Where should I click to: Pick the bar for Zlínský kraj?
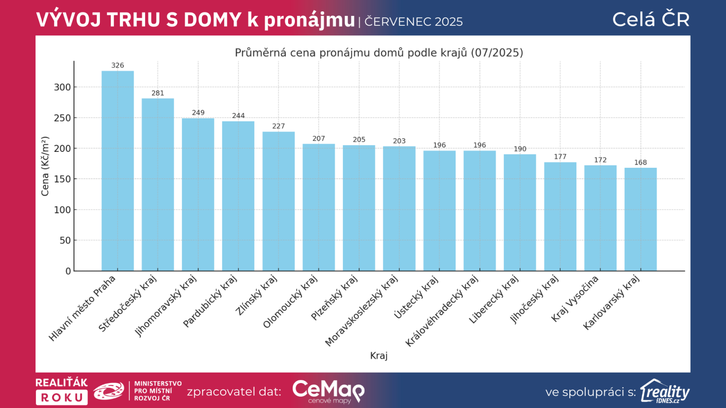coord(279,201)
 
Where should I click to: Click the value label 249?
coord(198,112)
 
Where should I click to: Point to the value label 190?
coord(520,149)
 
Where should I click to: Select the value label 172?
coord(600,160)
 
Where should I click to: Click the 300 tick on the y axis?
coord(62,87)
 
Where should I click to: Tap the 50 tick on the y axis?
coord(65,240)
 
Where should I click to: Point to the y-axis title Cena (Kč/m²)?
coord(45,166)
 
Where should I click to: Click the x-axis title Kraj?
coord(379,355)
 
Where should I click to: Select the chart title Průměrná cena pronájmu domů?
coord(379,53)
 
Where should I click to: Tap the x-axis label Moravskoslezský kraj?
coord(362,311)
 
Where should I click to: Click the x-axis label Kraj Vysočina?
coord(575,299)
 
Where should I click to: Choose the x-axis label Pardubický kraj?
coord(210,301)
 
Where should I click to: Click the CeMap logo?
coord(328,391)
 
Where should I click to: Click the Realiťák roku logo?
coord(62,391)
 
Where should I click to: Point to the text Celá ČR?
coord(651,19)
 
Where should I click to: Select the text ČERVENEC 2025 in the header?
coord(413,21)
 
